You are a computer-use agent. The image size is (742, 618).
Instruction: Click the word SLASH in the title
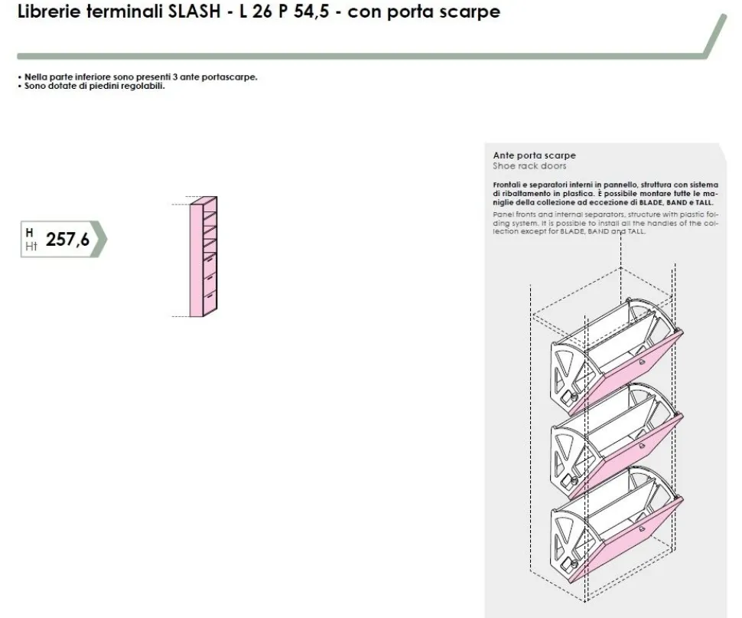[195, 11]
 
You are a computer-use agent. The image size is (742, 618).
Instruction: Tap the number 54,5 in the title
[311, 11]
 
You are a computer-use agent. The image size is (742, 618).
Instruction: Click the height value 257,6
[67, 240]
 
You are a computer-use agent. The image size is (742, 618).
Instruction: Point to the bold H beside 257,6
[29, 233]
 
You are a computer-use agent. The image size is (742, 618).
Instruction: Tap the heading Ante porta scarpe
[534, 155]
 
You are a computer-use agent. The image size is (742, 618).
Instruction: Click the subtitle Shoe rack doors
[529, 165]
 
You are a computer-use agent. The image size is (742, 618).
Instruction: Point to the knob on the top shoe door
[642, 361]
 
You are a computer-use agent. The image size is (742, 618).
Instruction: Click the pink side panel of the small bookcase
[197, 260]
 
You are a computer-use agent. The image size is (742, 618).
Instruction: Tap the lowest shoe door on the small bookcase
[210, 301]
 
